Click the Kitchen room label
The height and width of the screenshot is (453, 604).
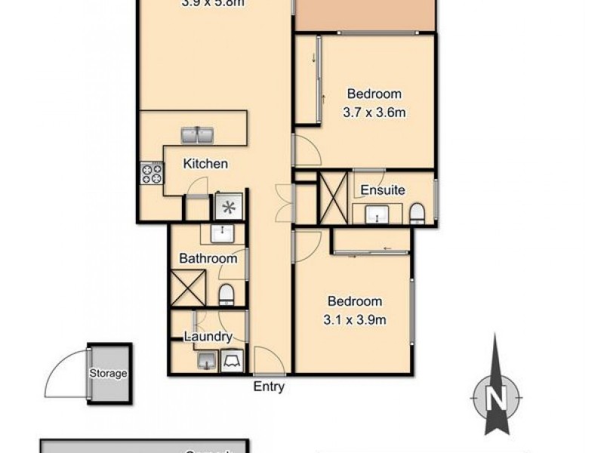click(206, 163)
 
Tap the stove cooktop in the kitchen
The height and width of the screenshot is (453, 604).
click(152, 174)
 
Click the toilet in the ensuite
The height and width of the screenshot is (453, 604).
click(417, 214)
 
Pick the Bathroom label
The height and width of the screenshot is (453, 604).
click(208, 258)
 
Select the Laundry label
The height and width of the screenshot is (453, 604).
click(205, 337)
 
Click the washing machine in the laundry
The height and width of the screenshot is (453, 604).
click(231, 362)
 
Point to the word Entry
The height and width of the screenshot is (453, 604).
click(269, 387)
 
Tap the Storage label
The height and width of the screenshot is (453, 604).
click(109, 373)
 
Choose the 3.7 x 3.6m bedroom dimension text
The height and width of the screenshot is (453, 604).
click(374, 114)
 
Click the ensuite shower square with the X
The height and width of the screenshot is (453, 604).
click(333, 197)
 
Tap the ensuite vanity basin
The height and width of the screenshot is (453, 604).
click(375, 215)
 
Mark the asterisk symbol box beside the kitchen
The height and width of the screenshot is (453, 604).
click(227, 205)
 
